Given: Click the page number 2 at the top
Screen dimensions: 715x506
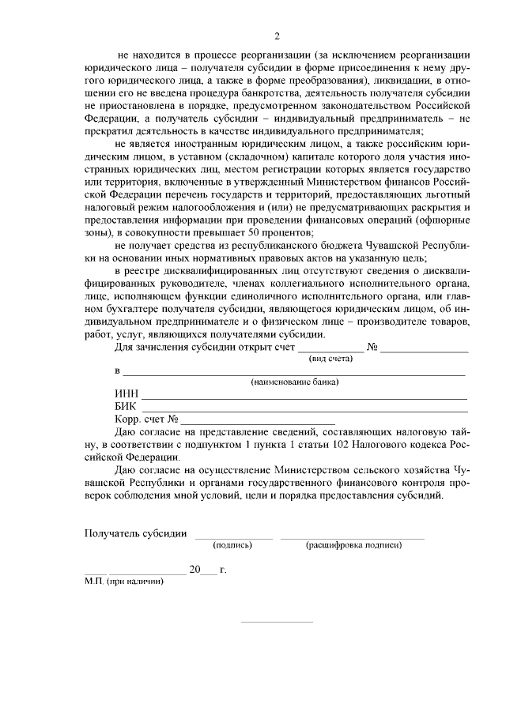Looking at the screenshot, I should (277, 36).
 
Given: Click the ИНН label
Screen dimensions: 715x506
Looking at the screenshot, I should (126, 395).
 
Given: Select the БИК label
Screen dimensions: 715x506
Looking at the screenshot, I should (126, 407).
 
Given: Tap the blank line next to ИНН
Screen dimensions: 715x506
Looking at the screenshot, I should (304, 399).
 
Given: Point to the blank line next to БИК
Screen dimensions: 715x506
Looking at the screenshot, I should (304, 411).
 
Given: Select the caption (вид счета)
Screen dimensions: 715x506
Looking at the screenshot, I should (330, 358).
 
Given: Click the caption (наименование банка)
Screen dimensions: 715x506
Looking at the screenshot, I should (295, 382).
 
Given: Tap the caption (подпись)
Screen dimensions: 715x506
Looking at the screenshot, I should (232, 544).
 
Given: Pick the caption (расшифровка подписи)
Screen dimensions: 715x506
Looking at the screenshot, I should (353, 544).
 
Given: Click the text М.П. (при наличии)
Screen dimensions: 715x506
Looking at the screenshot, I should (124, 581).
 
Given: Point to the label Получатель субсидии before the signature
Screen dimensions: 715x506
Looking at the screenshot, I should (136, 532).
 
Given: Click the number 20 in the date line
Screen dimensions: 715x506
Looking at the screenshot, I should (196, 569).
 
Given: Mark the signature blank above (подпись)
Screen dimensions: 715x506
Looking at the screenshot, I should (234, 537).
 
